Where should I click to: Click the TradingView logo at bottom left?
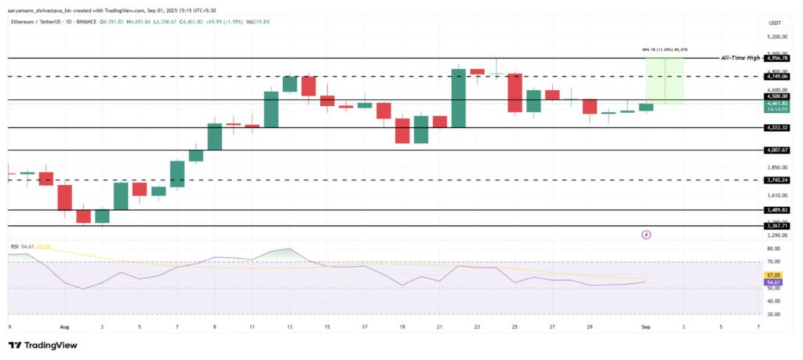[42, 345]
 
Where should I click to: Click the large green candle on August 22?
[459, 98]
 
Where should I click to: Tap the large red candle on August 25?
[515, 93]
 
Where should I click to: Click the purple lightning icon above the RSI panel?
[646, 234]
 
